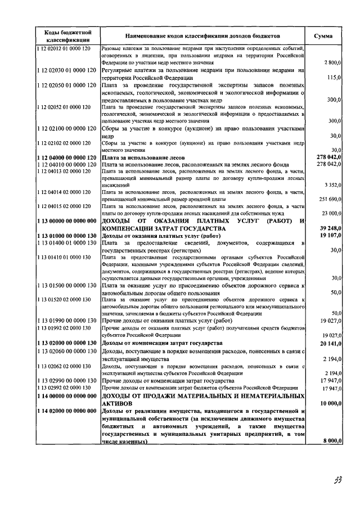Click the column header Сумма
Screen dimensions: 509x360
323,36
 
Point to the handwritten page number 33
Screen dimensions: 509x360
337,479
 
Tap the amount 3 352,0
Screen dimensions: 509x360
331,184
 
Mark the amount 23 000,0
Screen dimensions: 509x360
330,214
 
